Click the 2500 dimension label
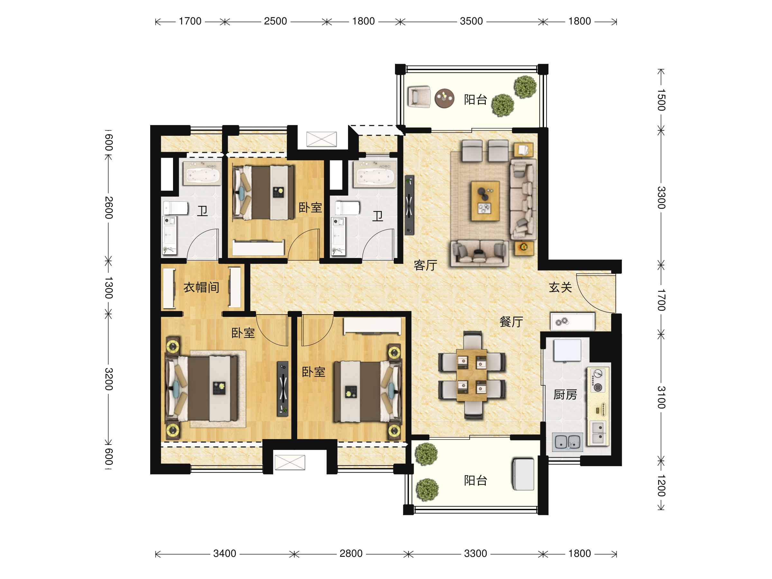[x=275, y=21]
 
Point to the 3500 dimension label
[x=471, y=21]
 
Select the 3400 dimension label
[x=225, y=554]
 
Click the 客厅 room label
[x=425, y=265]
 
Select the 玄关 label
[x=560, y=287]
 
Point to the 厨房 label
[x=565, y=394]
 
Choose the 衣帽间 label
[x=201, y=287]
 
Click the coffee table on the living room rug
[x=485, y=201]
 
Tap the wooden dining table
[x=472, y=375]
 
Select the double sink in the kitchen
[x=567, y=442]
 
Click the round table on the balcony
[x=444, y=98]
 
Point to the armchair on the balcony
[x=419, y=97]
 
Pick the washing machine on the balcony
[x=523, y=474]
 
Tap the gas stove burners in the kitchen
[x=598, y=381]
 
